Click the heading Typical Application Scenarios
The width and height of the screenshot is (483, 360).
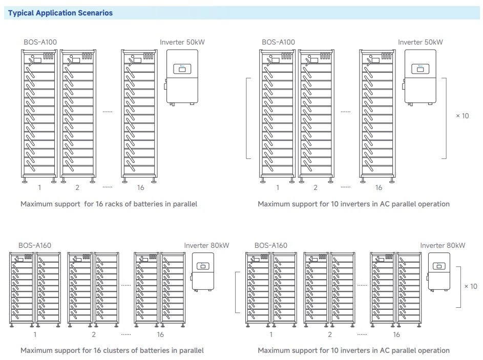click(x=60, y=13)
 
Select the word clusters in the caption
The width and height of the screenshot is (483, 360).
click(x=110, y=350)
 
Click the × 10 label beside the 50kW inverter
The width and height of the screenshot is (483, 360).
click(x=462, y=116)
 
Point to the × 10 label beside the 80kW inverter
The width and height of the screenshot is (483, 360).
click(x=470, y=286)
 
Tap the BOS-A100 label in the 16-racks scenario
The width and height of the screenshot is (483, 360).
click(x=37, y=42)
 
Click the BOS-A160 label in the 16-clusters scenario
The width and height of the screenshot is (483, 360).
click(x=35, y=245)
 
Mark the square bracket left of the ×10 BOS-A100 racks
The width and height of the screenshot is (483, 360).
click(x=248, y=118)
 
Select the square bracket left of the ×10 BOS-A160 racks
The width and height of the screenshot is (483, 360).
click(x=237, y=292)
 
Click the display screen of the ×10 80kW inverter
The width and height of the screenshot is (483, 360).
click(x=438, y=266)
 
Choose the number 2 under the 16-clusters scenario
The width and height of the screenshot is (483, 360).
click(x=94, y=334)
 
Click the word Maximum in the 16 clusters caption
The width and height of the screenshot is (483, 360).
click(x=36, y=350)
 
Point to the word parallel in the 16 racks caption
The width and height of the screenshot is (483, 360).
click(x=182, y=204)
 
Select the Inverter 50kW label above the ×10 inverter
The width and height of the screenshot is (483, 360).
click(x=420, y=42)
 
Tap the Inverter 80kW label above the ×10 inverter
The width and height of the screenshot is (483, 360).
click(x=443, y=245)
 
